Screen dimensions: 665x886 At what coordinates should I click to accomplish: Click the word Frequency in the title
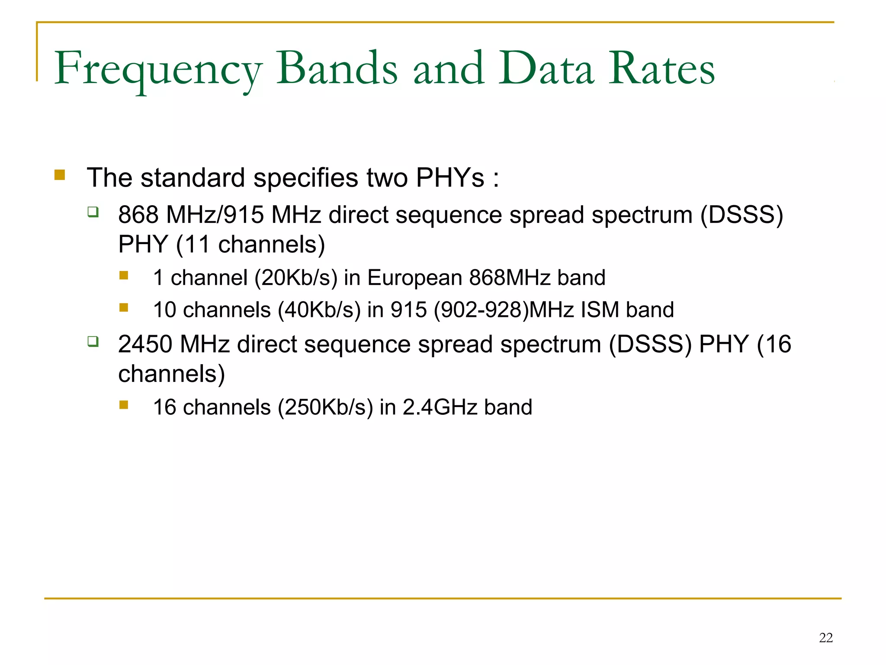tap(158, 69)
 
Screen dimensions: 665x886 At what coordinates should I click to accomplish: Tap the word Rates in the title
tap(661, 69)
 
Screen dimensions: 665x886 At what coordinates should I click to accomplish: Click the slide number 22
tap(825, 637)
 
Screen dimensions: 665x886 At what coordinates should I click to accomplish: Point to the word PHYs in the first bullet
tap(450, 178)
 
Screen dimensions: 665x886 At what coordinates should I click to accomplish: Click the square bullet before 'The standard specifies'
tap(60, 175)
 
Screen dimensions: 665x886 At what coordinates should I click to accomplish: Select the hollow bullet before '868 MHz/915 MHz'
tap(93, 212)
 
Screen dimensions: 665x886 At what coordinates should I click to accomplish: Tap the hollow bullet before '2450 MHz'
tap(93, 341)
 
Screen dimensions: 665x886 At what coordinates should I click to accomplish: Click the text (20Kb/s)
tap(296, 278)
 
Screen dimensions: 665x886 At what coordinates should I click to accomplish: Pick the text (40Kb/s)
tap(319, 310)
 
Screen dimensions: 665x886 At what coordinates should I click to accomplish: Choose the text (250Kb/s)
tap(325, 407)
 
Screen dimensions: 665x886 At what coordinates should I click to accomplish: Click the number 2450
tap(145, 344)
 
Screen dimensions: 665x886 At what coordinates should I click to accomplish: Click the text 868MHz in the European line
tap(510, 278)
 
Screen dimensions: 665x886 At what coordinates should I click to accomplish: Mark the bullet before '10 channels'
tap(124, 307)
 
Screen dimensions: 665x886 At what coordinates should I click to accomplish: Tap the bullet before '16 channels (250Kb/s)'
tap(124, 405)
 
